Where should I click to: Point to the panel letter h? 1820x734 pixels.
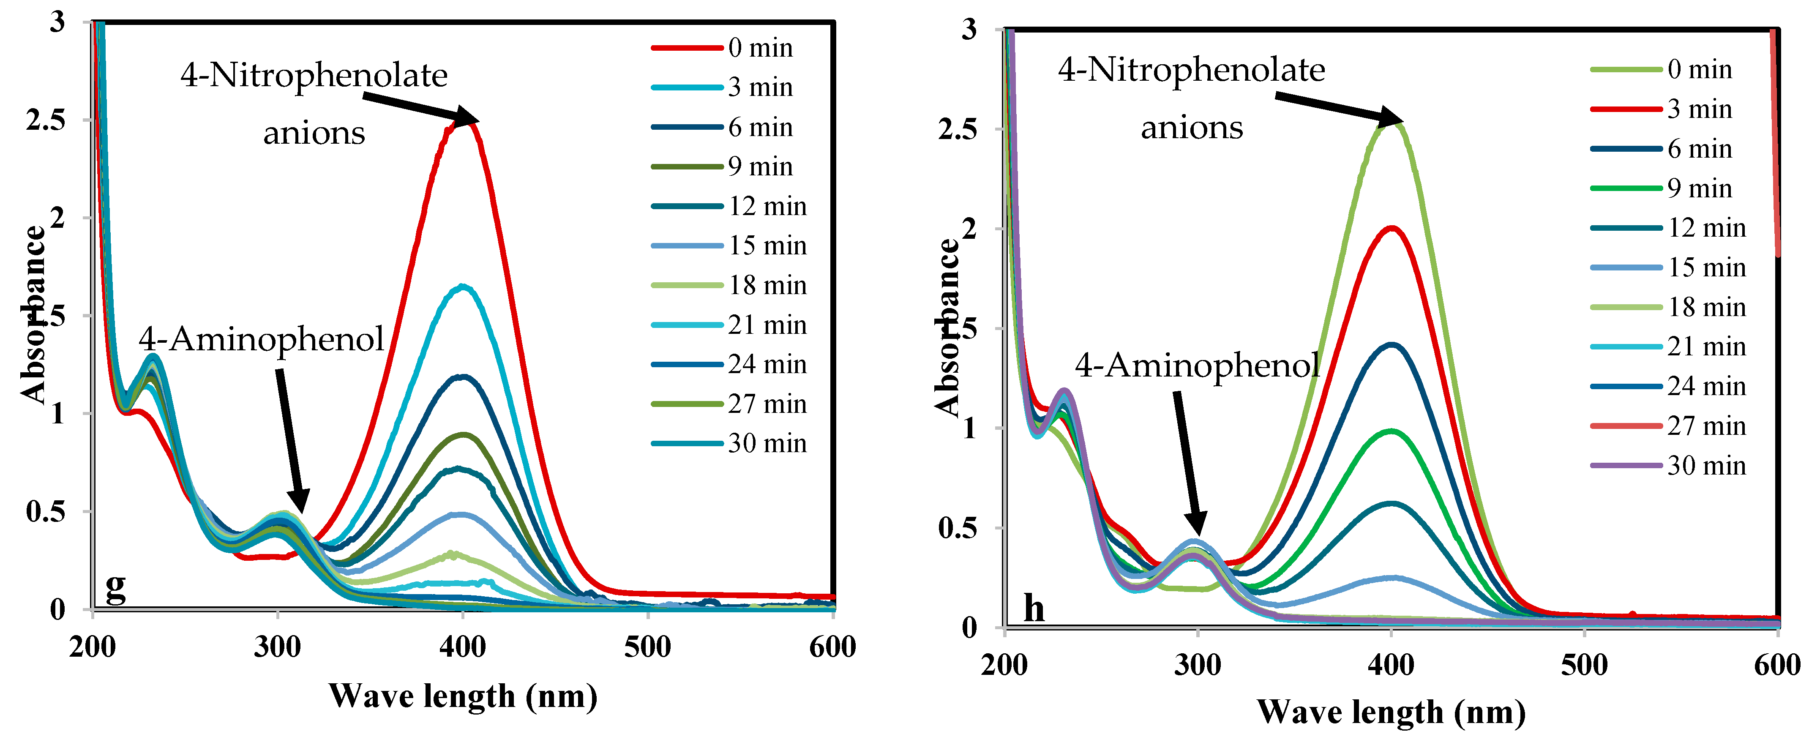pos(1034,608)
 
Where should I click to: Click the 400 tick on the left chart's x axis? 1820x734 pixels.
pos(463,647)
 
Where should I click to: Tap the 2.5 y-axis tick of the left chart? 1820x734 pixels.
pos(45,120)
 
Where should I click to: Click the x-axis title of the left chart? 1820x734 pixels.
pos(463,696)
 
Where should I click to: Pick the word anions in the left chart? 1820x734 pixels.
pos(314,133)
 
